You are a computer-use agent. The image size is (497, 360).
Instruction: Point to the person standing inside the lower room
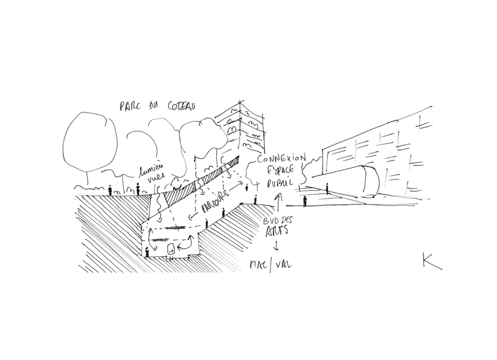pos(146,251)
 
